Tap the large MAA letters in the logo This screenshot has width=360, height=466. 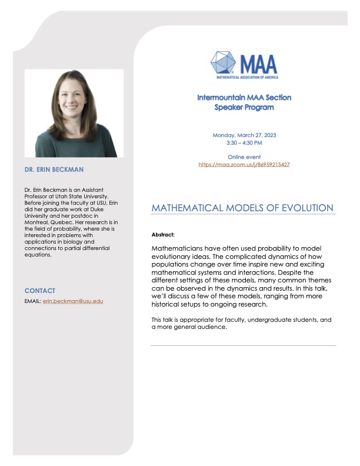pos(257,61)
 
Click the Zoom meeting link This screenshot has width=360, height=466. pos(244,164)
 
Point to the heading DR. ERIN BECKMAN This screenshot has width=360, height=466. pos(54,169)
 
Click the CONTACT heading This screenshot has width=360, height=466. pos(40,291)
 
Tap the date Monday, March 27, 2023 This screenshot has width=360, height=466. pos(244,135)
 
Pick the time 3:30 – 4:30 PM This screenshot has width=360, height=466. pos(244,143)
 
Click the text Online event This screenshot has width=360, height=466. pos(244,157)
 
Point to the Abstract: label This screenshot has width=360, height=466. pos(163,234)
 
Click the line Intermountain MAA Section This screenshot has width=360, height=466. pos(244,97)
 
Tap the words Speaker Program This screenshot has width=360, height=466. pos(244,107)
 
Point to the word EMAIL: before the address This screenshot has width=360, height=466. pos(33,301)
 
